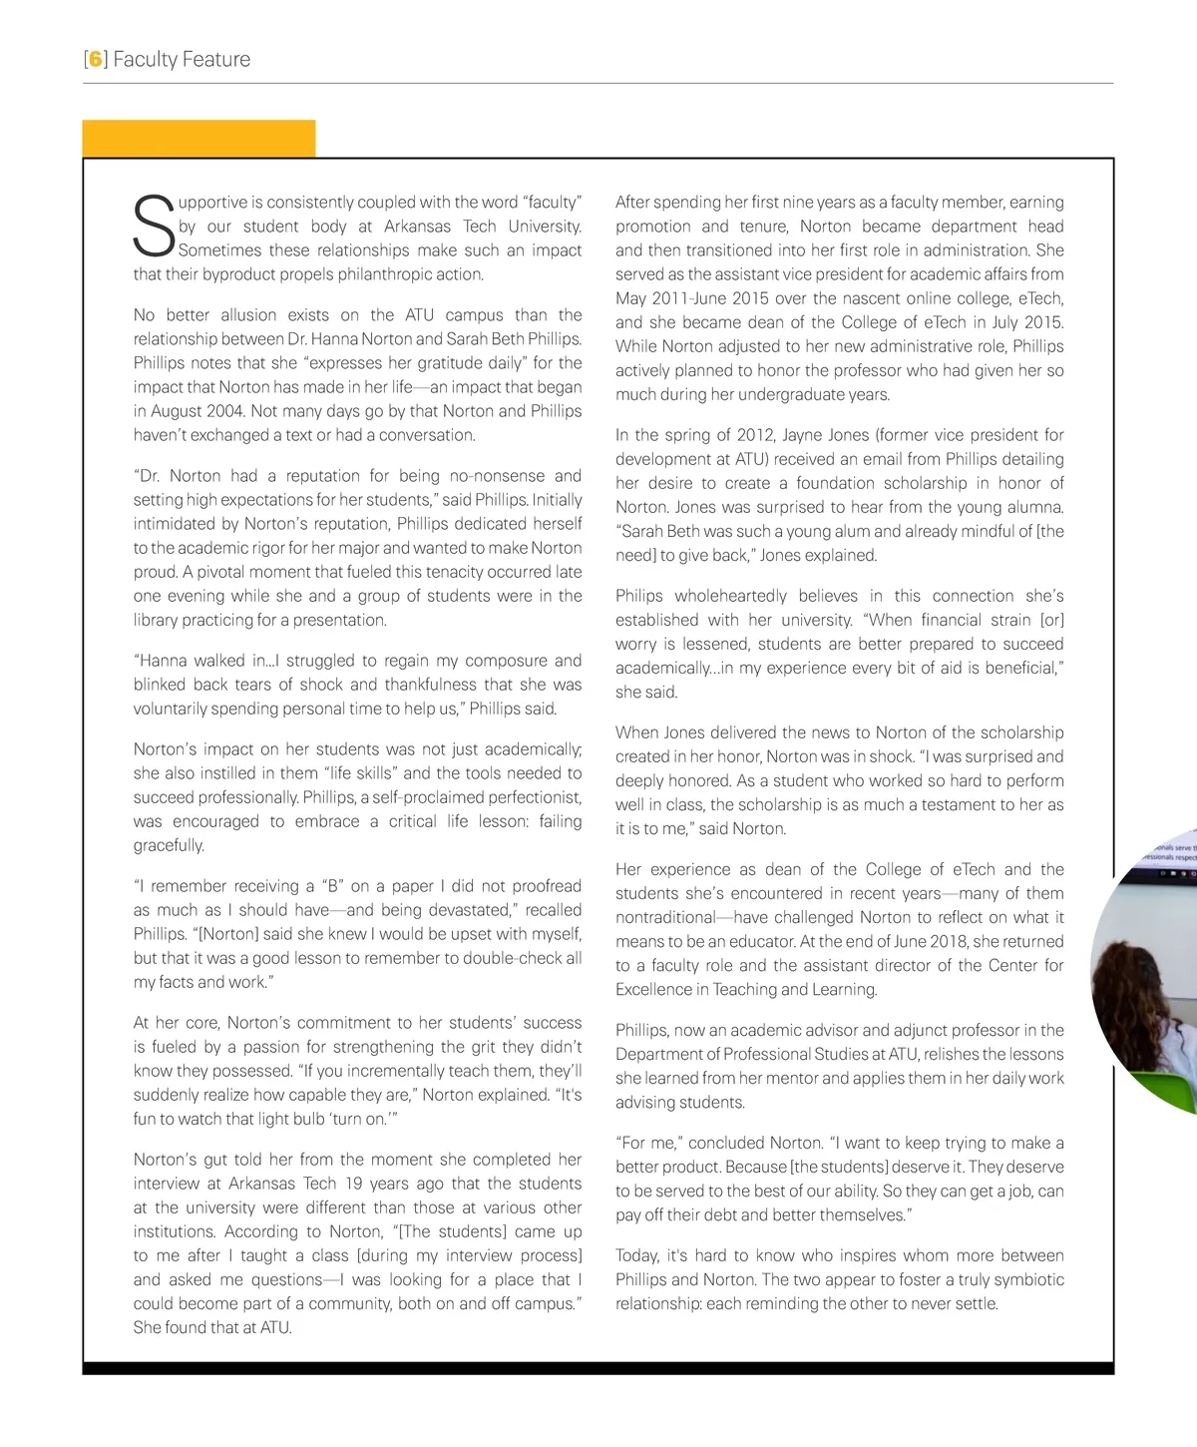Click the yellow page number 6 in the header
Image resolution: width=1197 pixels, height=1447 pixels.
pos(96,60)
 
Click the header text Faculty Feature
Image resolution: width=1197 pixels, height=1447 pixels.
pos(182,60)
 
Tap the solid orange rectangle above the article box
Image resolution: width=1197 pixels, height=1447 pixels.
pos(199,139)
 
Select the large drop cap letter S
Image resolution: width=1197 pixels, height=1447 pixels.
pos(154,227)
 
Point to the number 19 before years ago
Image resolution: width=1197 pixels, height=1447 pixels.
pos(353,1184)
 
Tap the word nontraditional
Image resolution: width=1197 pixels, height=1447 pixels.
pos(665,917)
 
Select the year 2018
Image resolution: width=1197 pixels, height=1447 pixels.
pos(951,941)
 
